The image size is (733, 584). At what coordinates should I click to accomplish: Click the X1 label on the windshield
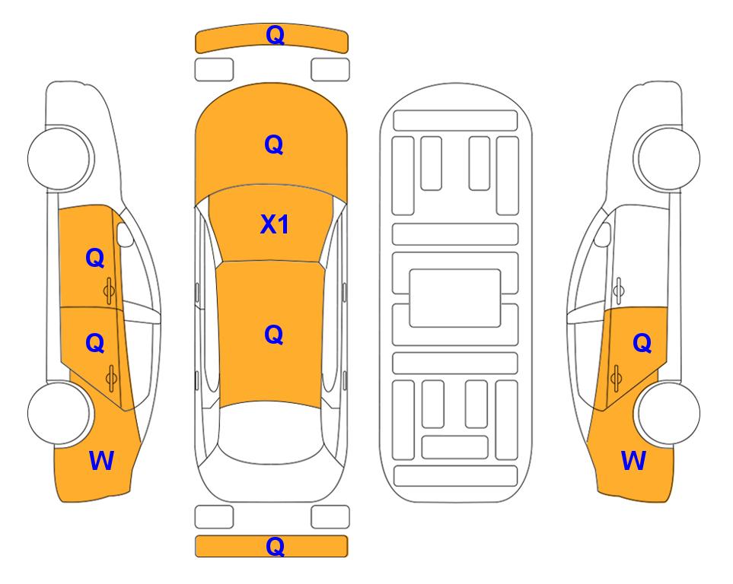(275, 224)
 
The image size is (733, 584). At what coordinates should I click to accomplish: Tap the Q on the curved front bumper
(275, 34)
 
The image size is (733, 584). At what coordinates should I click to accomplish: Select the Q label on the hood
(274, 144)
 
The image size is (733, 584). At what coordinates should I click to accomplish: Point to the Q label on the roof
(274, 335)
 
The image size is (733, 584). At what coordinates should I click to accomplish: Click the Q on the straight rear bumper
(275, 546)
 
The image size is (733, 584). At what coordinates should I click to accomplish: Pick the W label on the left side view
(101, 461)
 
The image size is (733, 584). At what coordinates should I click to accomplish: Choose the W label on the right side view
(633, 461)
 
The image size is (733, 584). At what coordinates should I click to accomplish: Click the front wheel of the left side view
(60, 158)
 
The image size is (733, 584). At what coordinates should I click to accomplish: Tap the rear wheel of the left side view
(60, 414)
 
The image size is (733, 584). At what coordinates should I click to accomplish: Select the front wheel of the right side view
(667, 158)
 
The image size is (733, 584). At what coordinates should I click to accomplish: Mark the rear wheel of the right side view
(667, 414)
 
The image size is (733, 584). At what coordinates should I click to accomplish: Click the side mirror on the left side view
(125, 234)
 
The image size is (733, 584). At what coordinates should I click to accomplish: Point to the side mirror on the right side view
(602, 234)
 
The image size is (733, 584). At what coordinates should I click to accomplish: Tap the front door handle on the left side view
(109, 291)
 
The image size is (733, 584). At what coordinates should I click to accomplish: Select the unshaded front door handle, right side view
(619, 291)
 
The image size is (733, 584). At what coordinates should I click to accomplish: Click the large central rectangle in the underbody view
(455, 298)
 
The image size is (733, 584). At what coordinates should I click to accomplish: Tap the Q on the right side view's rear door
(642, 343)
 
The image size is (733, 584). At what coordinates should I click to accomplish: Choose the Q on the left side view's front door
(95, 258)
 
